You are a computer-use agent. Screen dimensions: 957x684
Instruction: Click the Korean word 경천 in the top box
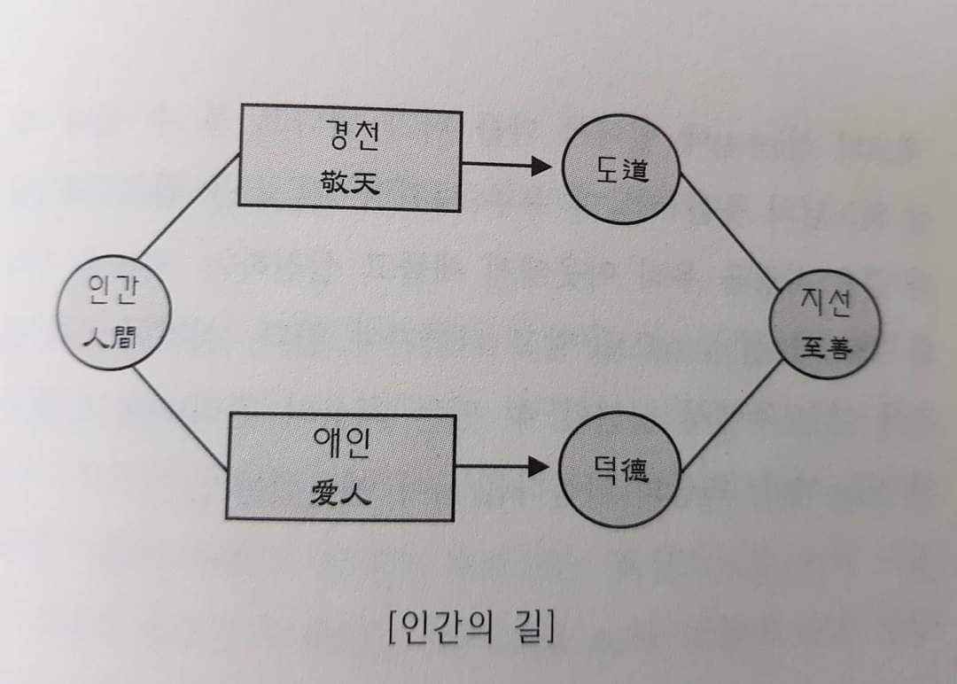click(x=349, y=136)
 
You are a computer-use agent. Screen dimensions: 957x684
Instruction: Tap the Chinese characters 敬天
click(x=349, y=182)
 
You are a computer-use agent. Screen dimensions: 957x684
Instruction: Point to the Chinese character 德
click(x=633, y=470)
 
